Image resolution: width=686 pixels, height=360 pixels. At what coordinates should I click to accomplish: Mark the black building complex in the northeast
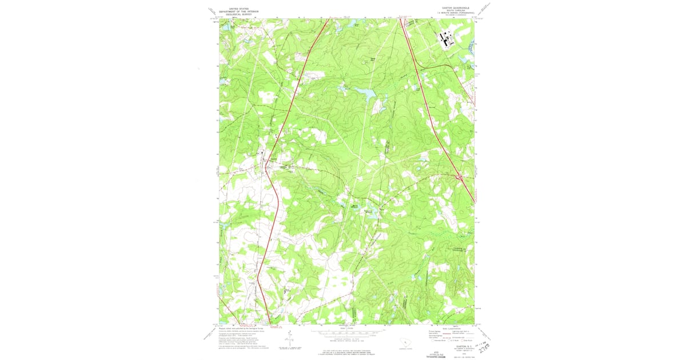446,40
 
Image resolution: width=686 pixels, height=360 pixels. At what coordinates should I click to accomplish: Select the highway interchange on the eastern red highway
459,179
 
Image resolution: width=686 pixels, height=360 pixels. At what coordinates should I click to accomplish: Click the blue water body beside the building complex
469,47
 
